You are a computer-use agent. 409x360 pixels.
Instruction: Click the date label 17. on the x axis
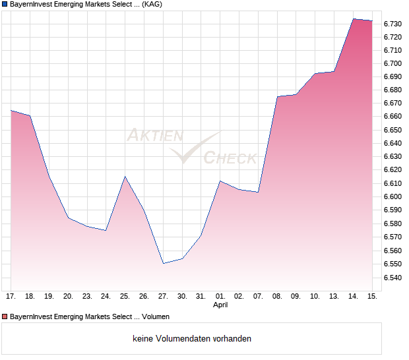click(11, 297)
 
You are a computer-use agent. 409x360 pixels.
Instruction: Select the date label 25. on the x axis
click(125, 297)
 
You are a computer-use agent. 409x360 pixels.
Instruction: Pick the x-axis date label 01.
click(220, 297)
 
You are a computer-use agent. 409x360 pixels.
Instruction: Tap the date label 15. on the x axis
click(372, 297)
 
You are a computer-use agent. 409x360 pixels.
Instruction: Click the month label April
click(220, 305)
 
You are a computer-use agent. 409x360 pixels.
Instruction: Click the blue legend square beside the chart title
click(5, 5)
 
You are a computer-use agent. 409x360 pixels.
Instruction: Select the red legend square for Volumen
click(5, 317)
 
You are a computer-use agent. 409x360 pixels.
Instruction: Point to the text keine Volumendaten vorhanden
click(192, 339)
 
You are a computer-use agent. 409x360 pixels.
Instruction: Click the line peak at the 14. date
click(354, 18)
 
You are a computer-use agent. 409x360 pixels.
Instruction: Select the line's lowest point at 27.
click(163, 263)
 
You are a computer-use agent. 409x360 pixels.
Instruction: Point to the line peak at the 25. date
click(125, 177)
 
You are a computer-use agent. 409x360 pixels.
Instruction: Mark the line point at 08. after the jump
click(277, 96)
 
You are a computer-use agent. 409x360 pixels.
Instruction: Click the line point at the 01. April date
click(220, 181)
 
